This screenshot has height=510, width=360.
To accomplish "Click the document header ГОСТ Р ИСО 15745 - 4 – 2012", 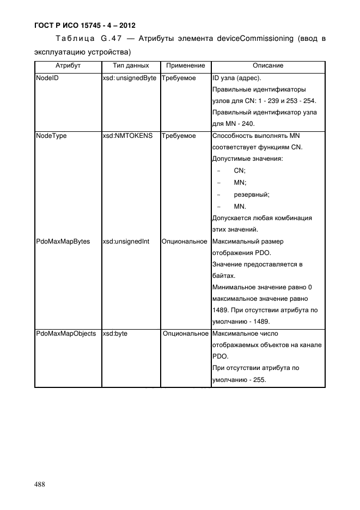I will pyautogui.click(x=85, y=25).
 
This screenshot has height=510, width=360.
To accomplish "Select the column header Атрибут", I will pyautogui.click(x=68, y=66).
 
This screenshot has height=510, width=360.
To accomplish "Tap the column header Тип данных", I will pyautogui.click(x=131, y=66).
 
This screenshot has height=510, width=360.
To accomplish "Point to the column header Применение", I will pyautogui.click(x=185, y=66).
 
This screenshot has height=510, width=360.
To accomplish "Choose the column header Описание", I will pyautogui.click(x=268, y=66).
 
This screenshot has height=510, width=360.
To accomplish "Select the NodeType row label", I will pyautogui.click(x=51, y=136).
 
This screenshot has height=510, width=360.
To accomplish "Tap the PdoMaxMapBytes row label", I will pyautogui.click(x=63, y=241).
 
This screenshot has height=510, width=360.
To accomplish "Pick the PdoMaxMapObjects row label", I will pyautogui.click(x=65, y=333).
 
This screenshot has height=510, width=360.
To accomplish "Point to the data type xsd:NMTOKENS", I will pyautogui.click(x=128, y=136).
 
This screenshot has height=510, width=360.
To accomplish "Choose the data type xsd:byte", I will pyautogui.click(x=115, y=333).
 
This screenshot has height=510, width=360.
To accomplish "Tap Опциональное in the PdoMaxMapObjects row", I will pyautogui.click(x=186, y=333).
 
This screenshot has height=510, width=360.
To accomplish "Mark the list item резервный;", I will pyautogui.click(x=252, y=194).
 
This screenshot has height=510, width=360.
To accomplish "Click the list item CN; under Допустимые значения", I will pyautogui.click(x=240, y=171).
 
